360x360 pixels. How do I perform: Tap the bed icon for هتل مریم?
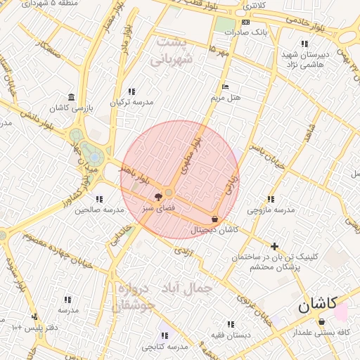click(x=225, y=86)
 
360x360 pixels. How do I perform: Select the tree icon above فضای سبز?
click(x=157, y=197)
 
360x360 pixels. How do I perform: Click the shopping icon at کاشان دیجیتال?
click(x=214, y=219)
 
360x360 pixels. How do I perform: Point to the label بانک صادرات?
click(x=250, y=32)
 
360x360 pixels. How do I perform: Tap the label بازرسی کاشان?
click(x=70, y=108)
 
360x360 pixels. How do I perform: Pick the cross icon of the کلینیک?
click(x=274, y=246)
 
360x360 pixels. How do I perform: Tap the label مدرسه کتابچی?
click(x=165, y=347)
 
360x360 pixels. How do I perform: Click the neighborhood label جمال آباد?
click(x=187, y=288)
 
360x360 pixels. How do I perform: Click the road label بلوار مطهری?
click(x=191, y=155)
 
